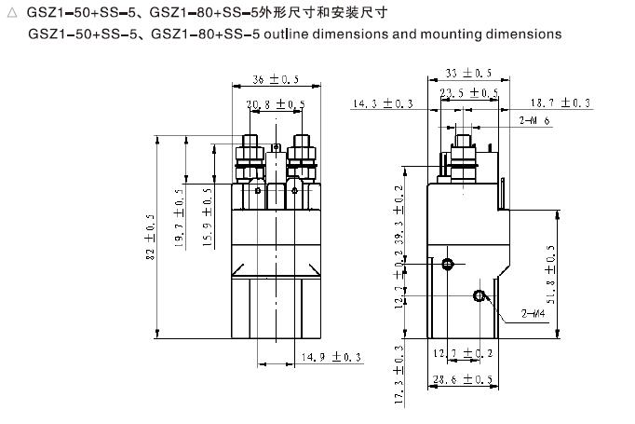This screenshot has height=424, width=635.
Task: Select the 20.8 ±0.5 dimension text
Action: pos(275,103)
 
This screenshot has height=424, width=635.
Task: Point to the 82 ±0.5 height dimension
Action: pos(151,239)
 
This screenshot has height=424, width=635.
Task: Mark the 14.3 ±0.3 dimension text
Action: pos(383,104)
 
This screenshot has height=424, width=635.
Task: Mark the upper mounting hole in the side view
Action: pos(448,264)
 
